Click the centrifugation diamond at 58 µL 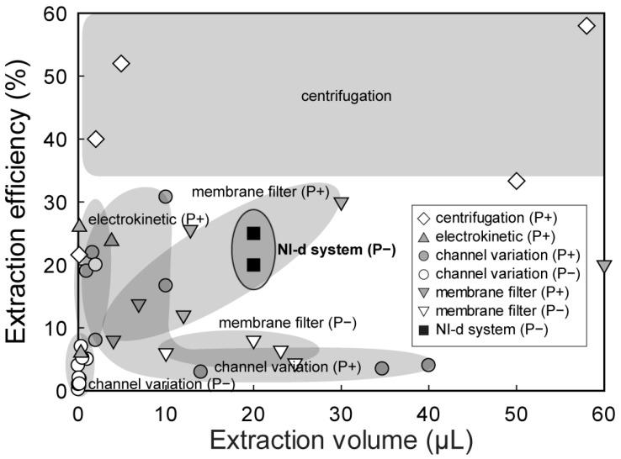pos(586,26)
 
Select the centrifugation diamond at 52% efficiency pos(121,63)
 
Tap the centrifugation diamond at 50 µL pos(517,181)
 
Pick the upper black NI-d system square pos(254,233)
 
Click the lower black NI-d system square pos(254,265)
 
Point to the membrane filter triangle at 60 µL pos(603,266)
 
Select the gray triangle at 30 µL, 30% pos(342,203)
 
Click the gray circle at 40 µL pos(428,365)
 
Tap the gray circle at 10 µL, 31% pos(166,196)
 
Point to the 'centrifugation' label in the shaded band pos(346,96)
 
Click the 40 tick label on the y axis pos(54,140)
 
